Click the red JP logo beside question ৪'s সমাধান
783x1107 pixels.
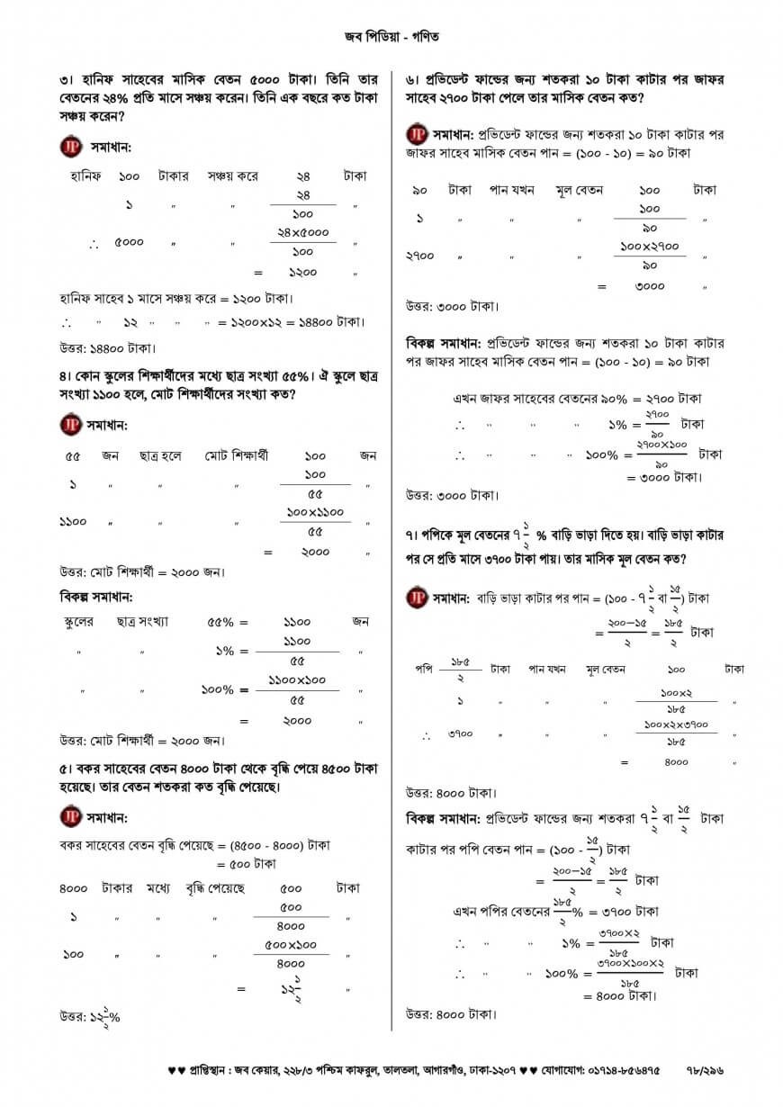tap(70, 424)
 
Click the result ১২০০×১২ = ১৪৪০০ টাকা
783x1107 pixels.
tap(292, 321)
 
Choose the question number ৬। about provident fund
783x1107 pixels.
tap(413, 79)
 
